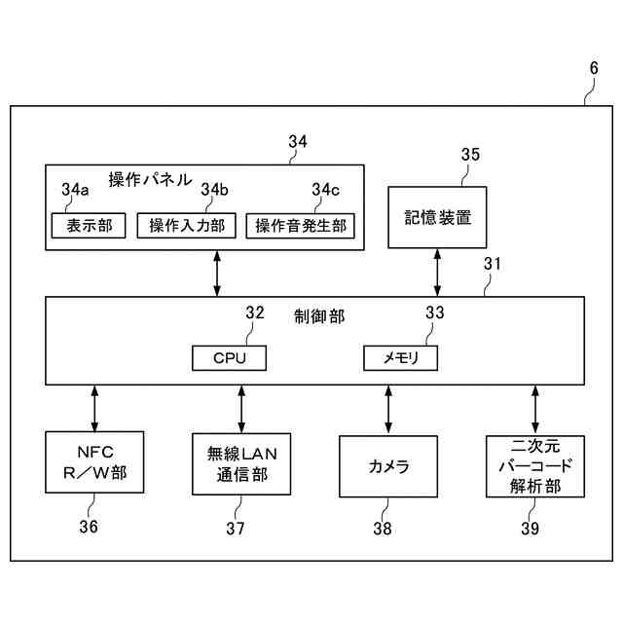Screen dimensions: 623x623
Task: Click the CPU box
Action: click(230, 358)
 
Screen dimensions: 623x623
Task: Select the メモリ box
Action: click(400, 358)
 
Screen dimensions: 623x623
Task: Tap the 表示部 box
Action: click(89, 226)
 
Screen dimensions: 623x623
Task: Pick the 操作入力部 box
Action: click(186, 226)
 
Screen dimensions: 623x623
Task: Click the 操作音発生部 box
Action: click(301, 226)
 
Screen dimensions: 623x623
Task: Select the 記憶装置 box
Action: click(437, 217)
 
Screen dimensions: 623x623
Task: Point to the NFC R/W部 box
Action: click(94, 462)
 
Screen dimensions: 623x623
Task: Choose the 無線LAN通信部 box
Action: click(241, 464)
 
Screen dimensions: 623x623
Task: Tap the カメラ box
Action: click(388, 466)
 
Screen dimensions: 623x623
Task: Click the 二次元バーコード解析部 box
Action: click(535, 466)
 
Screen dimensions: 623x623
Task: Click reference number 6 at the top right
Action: click(594, 68)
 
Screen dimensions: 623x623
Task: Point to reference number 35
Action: click(470, 155)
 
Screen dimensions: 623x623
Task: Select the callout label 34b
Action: click(214, 190)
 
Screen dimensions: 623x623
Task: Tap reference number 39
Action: click(530, 528)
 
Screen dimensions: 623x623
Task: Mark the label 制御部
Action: click(319, 316)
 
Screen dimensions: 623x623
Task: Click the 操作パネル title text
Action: click(150, 179)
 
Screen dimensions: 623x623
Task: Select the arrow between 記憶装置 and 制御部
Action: click(437, 273)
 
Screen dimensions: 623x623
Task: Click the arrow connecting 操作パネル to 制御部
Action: click(217, 274)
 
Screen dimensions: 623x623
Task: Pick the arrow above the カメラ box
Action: click(388, 410)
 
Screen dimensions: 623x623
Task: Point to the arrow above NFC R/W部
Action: click(94, 408)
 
